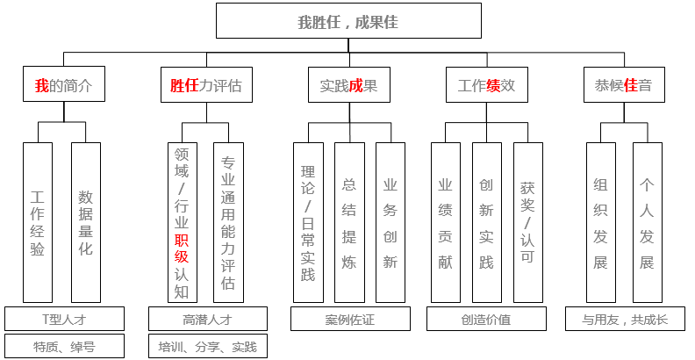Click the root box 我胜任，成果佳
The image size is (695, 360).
pos(348,21)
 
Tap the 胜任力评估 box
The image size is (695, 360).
pos(205,86)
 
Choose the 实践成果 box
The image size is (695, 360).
pos(348,86)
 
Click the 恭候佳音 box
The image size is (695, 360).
pos(623,86)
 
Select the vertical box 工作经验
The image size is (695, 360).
pos(38,223)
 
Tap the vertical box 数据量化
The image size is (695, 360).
pos(86,223)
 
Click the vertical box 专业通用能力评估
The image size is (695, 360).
pos(228,223)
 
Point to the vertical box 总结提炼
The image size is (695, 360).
pos(349,223)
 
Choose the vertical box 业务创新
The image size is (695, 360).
pos(390,223)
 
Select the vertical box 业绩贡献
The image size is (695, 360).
pos(446,223)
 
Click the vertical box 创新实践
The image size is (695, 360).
pos(486,223)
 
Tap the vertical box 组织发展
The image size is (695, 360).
pos(601,223)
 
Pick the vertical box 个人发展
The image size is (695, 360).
pos(647,223)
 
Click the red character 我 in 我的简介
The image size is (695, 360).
pos(41,86)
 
